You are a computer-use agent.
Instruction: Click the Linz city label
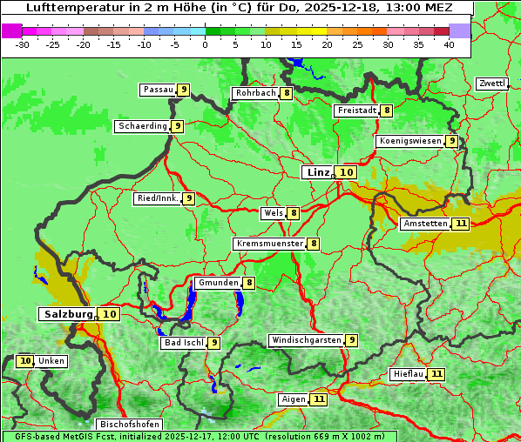(x=318, y=172)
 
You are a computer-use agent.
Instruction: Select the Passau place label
(x=158, y=90)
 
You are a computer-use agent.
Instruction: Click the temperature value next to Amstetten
(x=461, y=224)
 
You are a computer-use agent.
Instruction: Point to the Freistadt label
(x=357, y=110)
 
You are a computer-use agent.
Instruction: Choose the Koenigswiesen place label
(x=410, y=141)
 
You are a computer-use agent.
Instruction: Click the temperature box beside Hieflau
(x=436, y=374)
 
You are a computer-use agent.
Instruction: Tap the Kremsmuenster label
(x=269, y=244)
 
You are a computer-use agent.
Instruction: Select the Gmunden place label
(x=218, y=283)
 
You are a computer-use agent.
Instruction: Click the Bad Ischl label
(x=183, y=343)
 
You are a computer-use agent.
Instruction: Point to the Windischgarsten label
(x=306, y=340)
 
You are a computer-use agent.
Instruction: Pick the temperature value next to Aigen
(x=319, y=399)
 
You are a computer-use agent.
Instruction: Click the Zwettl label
(x=491, y=84)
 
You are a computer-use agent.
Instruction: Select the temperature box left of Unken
(x=25, y=361)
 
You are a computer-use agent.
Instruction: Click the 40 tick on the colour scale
(x=449, y=44)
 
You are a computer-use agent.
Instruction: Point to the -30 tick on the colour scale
(x=23, y=44)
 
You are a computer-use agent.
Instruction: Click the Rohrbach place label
(x=255, y=93)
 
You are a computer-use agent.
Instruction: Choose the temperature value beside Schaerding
(x=177, y=126)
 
